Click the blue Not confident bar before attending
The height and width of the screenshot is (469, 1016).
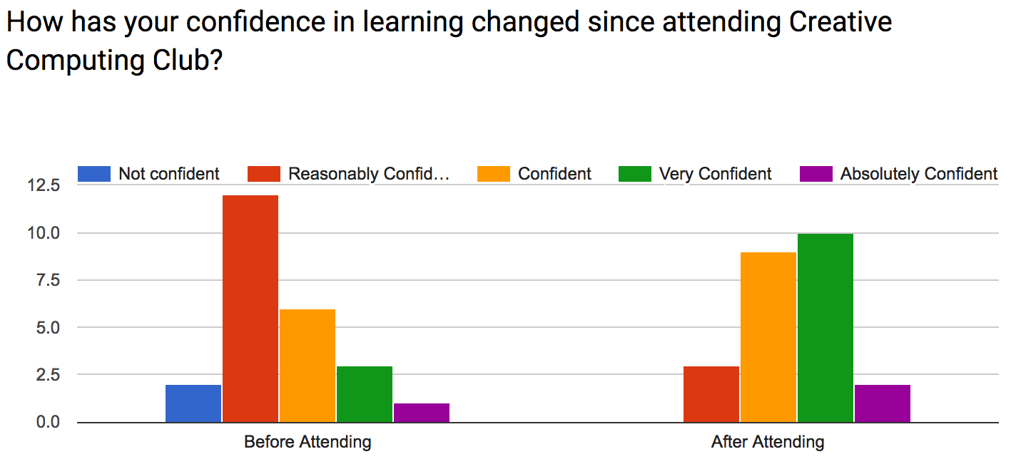pos(193,403)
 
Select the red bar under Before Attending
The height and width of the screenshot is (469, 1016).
pos(250,309)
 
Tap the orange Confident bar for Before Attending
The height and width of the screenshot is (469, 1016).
pos(308,366)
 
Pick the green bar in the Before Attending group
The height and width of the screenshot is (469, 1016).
pos(365,394)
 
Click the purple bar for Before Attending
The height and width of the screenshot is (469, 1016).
pos(422,413)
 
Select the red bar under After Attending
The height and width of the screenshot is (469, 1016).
pos(711,394)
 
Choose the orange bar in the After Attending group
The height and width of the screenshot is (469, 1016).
pos(768,337)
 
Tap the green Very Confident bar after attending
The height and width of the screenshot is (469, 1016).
pos(825,328)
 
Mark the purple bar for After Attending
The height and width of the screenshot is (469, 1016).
pos(883,403)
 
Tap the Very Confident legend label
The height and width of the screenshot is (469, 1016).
pos(715,174)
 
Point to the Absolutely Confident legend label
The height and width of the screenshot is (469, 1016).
pos(918,174)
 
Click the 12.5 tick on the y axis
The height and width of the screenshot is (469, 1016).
pos(44,186)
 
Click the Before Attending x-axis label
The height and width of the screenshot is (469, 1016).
pos(308,443)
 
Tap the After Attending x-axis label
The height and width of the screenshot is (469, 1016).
pos(768,443)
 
